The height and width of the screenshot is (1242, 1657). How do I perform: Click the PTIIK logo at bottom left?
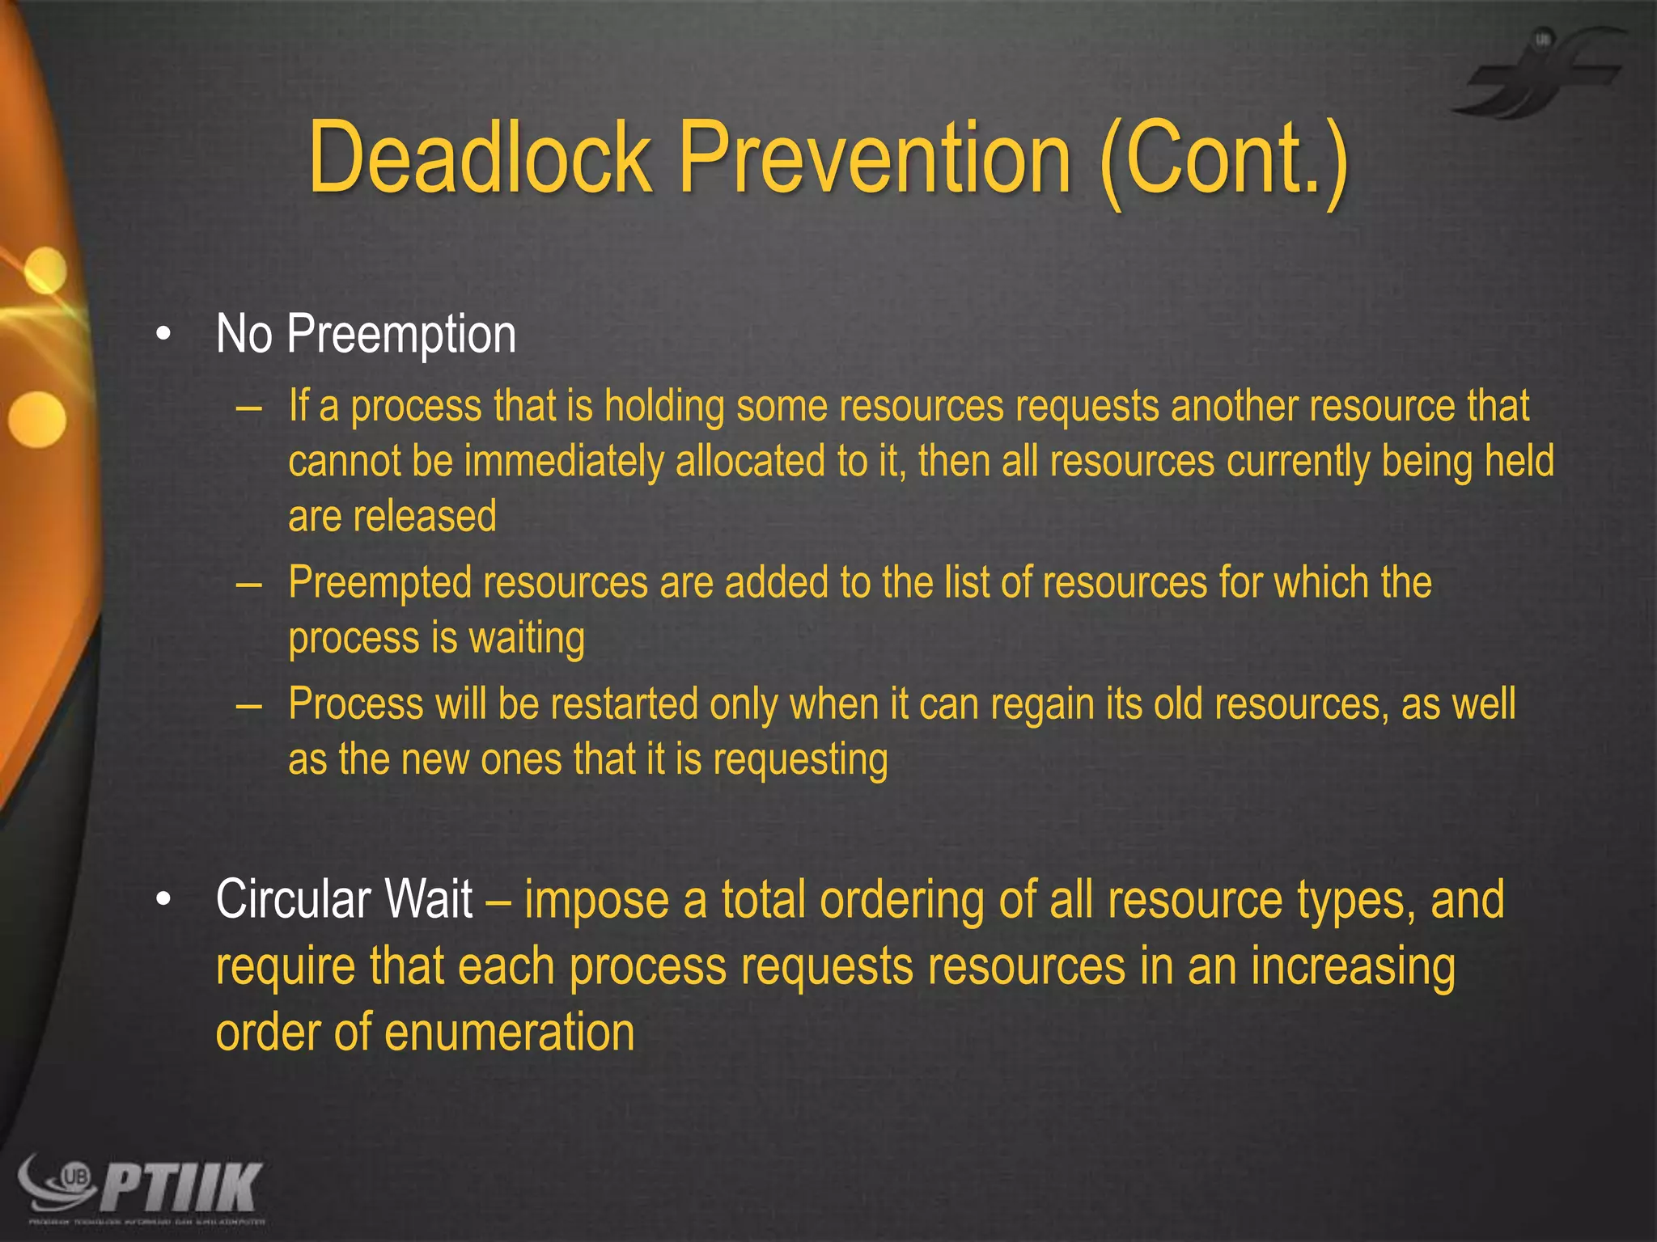142,1189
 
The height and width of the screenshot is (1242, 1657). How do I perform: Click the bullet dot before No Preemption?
164,336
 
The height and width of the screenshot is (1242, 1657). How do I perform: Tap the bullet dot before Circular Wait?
164,900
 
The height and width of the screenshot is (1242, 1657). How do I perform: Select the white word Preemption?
401,335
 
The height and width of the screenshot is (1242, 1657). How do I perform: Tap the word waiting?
527,639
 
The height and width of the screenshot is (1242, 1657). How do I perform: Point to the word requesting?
800,761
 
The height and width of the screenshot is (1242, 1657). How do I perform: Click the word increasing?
1353,967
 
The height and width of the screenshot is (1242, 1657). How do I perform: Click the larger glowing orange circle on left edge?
36,419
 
